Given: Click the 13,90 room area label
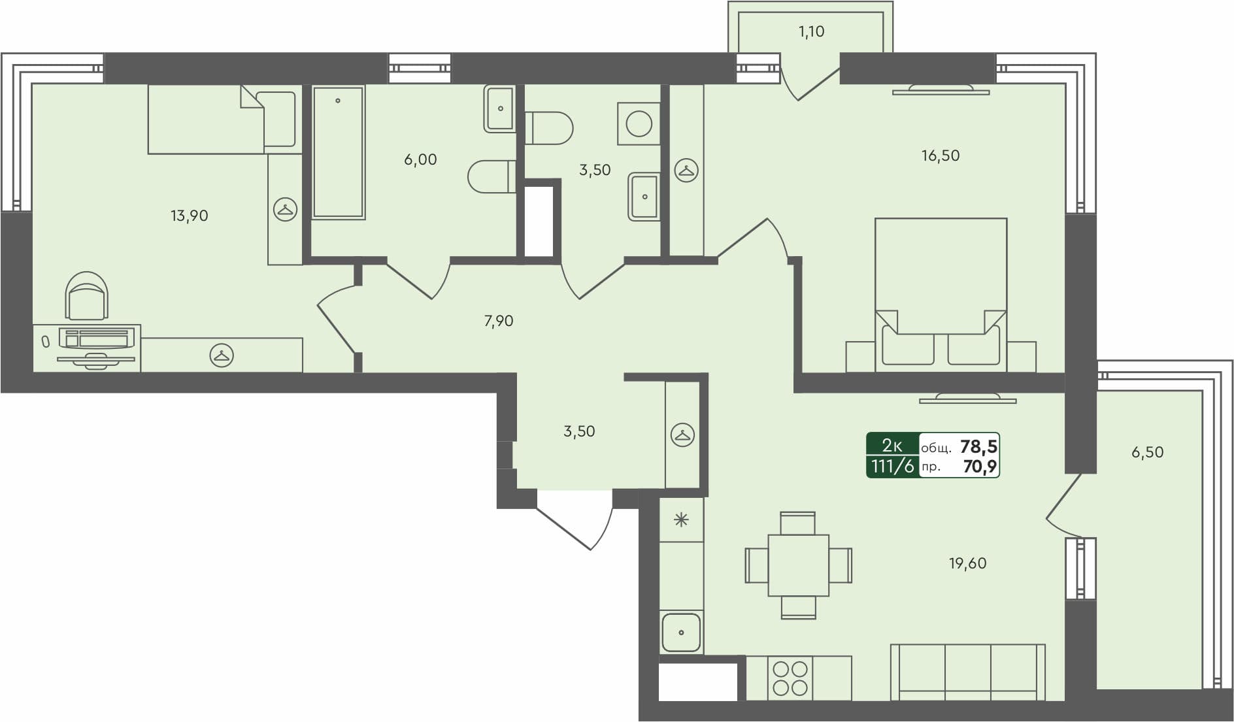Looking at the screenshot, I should click(x=190, y=216).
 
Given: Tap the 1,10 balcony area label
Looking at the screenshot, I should click(x=811, y=31).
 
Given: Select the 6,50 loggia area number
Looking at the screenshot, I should click(x=1147, y=452).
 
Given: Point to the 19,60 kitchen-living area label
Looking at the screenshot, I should click(x=967, y=563).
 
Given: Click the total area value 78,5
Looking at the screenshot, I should click(x=978, y=447).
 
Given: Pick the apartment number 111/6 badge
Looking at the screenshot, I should click(x=892, y=467).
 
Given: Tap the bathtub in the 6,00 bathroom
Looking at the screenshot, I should click(x=338, y=152).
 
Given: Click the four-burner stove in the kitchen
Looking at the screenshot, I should click(x=790, y=678).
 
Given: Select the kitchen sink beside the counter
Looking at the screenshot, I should click(x=681, y=632).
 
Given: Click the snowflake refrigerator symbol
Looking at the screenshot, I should click(x=681, y=520).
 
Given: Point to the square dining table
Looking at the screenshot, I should click(x=798, y=565).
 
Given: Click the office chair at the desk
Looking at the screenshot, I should click(x=87, y=297).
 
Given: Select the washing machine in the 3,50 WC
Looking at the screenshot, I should click(x=639, y=123).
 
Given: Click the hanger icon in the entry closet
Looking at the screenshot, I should click(x=682, y=435).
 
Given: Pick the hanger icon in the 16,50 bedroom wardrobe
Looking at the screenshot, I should click(x=686, y=171).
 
